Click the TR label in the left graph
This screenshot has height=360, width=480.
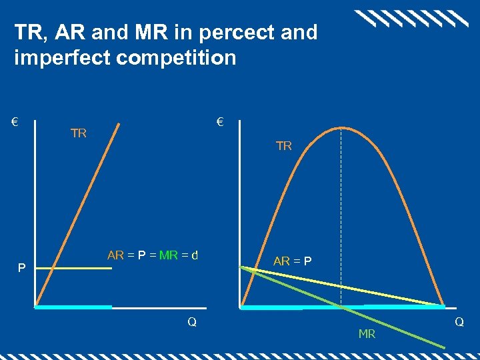pyautogui.click(x=79, y=133)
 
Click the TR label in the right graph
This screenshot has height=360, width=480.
pyautogui.click(x=284, y=146)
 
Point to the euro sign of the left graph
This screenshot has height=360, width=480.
pyautogui.click(x=14, y=123)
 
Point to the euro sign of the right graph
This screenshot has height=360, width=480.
pyautogui.click(x=220, y=123)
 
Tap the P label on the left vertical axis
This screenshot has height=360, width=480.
pyautogui.click(x=22, y=269)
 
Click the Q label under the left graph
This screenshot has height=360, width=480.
pyautogui.click(x=192, y=322)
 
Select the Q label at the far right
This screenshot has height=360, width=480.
pyautogui.click(x=459, y=322)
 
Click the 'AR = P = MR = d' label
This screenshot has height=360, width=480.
pyautogui.click(x=153, y=255)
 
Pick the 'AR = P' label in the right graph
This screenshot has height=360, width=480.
pyautogui.click(x=293, y=261)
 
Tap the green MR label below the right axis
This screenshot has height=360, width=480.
pyautogui.click(x=367, y=334)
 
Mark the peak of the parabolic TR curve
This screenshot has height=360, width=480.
pyautogui.click(x=341, y=127)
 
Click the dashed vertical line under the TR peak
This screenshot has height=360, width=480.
pyautogui.click(x=341, y=213)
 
